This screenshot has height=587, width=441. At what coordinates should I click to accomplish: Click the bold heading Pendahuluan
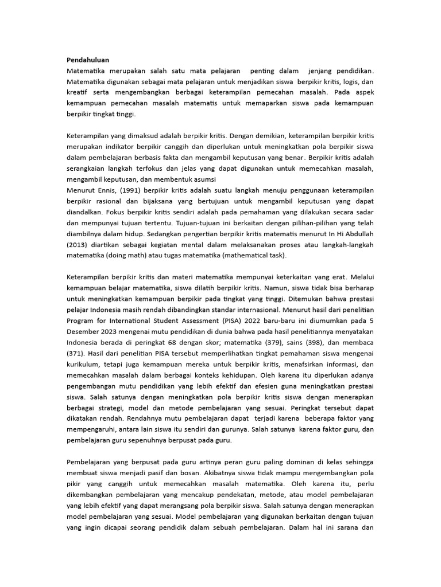tap(88, 60)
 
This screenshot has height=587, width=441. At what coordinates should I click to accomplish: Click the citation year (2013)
tap(79, 245)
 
